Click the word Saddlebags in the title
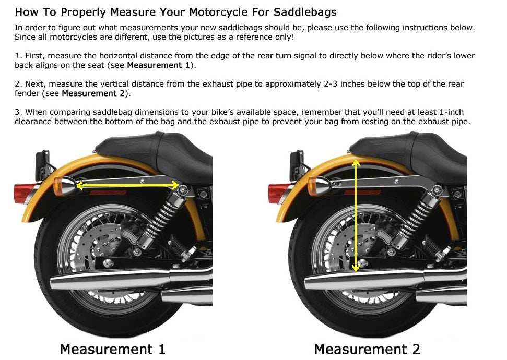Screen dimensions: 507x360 pyautogui.click(x=305, y=13)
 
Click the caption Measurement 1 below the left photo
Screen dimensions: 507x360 pyautogui.click(x=113, y=350)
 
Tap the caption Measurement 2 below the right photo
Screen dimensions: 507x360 pyautogui.click(x=367, y=350)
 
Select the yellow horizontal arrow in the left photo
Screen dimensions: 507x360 pyautogui.click(x=127, y=185)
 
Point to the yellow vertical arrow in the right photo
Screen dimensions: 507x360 pyautogui.click(x=356, y=215)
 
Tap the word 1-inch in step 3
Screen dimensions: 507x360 pyautogui.click(x=451, y=112)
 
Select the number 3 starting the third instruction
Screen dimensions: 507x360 pyautogui.click(x=17, y=112)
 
